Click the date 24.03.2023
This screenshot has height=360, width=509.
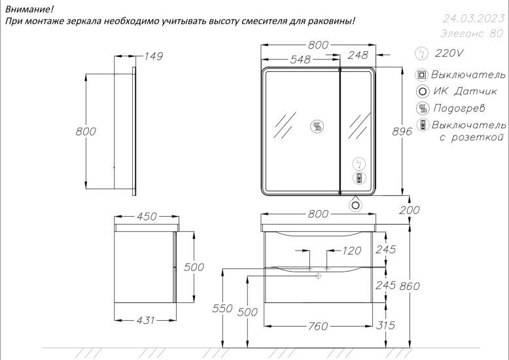474,18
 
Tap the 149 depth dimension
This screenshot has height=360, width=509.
153,56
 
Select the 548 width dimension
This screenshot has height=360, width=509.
300,60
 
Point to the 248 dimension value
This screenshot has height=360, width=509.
358,55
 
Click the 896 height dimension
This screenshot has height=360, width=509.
402,132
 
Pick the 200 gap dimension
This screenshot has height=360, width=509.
410,210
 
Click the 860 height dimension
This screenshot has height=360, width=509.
410,286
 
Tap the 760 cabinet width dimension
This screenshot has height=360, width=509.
318,326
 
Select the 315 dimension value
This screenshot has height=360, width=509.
385,325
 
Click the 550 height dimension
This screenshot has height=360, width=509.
222,308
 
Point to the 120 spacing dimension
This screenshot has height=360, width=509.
351,251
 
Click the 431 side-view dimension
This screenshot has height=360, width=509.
145,320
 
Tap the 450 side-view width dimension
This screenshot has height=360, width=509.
147,217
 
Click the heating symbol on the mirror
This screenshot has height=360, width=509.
317,126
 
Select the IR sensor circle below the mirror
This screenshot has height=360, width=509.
356,206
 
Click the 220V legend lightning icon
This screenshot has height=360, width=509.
422,53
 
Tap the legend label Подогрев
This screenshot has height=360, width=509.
459,108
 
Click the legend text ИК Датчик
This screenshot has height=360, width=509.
465,91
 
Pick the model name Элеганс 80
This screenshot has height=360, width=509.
472,33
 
